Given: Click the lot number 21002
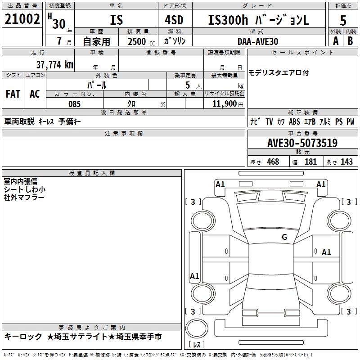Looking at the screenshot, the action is pyautogui.click(x=22, y=19).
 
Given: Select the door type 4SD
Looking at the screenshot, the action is pyautogui.click(x=171, y=20).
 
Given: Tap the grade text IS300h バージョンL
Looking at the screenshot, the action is pyautogui.click(x=259, y=20).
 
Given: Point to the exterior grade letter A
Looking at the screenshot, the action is pyautogui.click(x=335, y=41).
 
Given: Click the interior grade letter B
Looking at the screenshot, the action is pyautogui.click(x=350, y=41).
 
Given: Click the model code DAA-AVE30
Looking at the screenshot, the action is pyautogui.click(x=258, y=41).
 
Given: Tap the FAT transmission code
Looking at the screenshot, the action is pyautogui.click(x=13, y=94).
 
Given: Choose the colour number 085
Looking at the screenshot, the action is pyautogui.click(x=74, y=104).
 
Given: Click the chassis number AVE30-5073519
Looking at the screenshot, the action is pyautogui.click(x=302, y=144).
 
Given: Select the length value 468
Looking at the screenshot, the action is pyautogui.click(x=272, y=162).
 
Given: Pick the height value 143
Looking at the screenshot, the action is pyautogui.click(x=346, y=162).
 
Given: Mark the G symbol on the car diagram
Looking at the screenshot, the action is pyautogui.click(x=284, y=237).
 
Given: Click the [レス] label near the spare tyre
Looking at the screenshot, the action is pyautogui.click(x=196, y=345).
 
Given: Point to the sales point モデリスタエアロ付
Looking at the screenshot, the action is pyautogui.click(x=279, y=73).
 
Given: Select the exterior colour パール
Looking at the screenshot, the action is pyautogui.click(x=97, y=85).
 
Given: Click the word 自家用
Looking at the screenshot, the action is pyautogui.click(x=97, y=41).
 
